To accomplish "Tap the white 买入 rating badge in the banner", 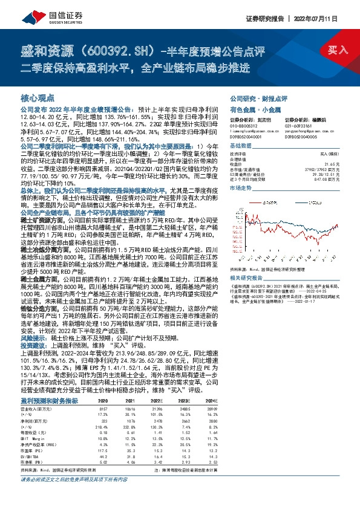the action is click(x=337, y=50).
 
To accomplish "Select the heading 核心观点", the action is click(x=38, y=97).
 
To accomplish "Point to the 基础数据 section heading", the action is click(x=241, y=146).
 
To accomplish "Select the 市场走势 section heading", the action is click(x=241, y=188).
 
